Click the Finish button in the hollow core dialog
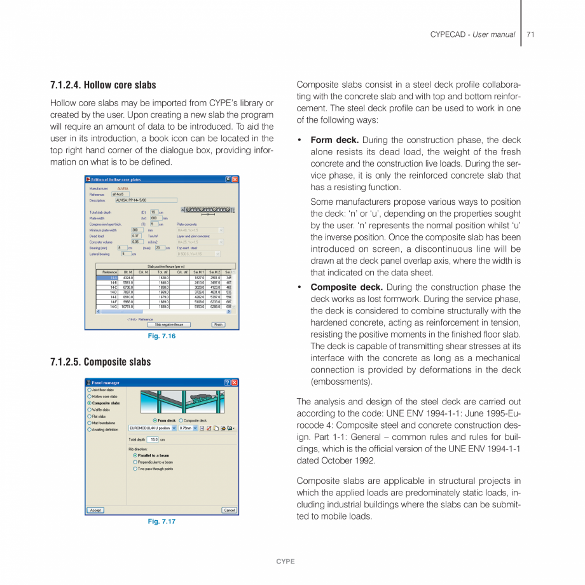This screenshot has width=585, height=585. (218, 324)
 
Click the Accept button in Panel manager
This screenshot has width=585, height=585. (95, 510)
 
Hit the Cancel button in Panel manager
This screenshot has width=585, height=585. (229, 510)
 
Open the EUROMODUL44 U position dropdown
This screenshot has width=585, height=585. (174, 428)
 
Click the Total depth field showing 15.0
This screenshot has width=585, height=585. (152, 439)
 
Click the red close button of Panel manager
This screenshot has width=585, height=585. (235, 382)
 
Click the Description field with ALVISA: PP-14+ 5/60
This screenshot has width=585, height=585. (146, 200)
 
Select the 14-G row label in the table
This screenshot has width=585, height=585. (113, 306)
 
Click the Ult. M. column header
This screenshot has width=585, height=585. (127, 272)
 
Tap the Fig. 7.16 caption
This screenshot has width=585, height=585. (162, 336)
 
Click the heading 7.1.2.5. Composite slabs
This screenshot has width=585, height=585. (100, 362)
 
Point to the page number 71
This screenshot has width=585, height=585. (530, 34)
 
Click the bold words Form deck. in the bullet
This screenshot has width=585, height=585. (334, 140)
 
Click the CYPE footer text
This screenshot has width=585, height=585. (285, 561)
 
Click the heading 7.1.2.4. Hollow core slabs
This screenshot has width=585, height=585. (103, 85)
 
